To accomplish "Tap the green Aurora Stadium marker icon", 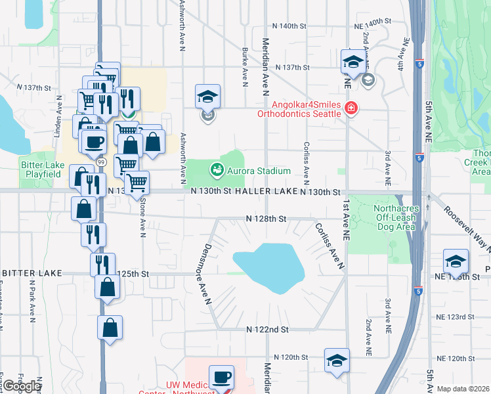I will pos(216,171).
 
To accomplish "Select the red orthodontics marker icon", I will pos(351,108).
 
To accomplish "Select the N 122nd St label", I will pos(267,329).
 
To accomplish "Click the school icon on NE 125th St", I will pos(455,261).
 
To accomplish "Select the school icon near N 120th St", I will pos(337,359).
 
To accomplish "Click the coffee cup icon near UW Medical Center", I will pos(221,376).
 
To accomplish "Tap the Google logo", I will pos(22,387).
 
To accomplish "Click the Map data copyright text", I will pos(463,389).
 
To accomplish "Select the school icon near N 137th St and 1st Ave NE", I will pos(352,62).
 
